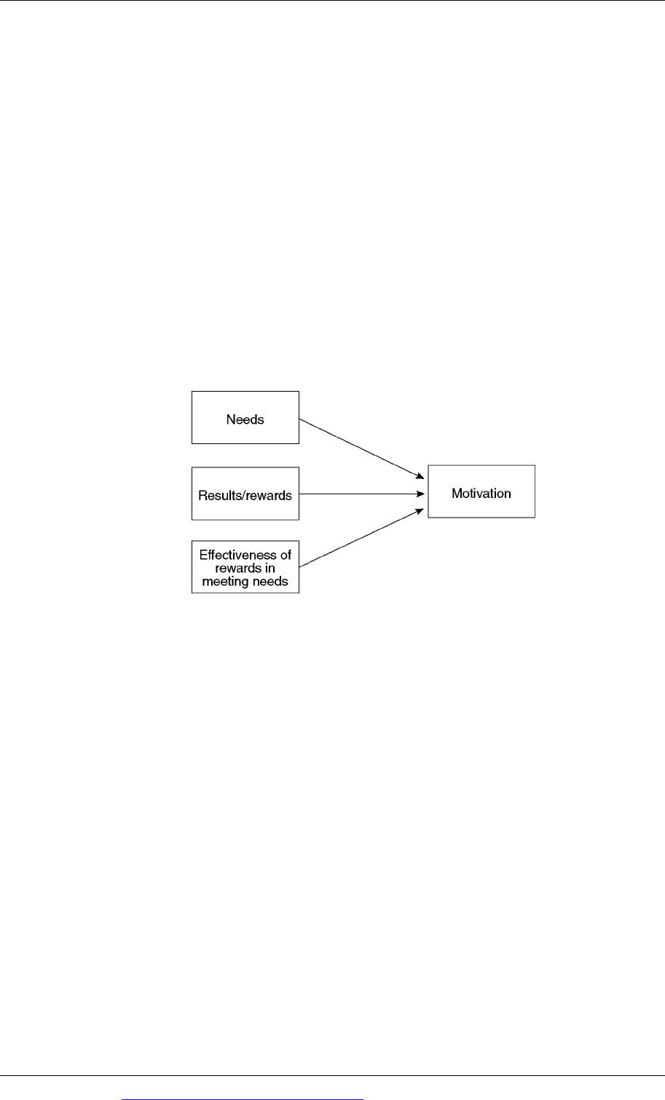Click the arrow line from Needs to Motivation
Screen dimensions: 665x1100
tap(362, 448)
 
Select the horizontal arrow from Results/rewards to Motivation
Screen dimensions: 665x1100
tap(362, 494)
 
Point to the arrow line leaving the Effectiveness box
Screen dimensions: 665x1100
tap(362, 538)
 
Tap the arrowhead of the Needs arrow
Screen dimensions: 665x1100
tap(420, 476)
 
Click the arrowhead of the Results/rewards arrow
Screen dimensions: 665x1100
tap(420, 494)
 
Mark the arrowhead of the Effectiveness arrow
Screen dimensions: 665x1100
tap(420, 511)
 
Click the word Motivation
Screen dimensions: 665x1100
tap(481, 493)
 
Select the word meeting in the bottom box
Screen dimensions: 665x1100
tap(224, 582)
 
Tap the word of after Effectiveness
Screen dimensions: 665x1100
tap(286, 555)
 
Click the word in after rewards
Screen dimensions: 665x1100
tap(269, 568)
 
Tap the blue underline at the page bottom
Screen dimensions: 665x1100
tap(243, 1099)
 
